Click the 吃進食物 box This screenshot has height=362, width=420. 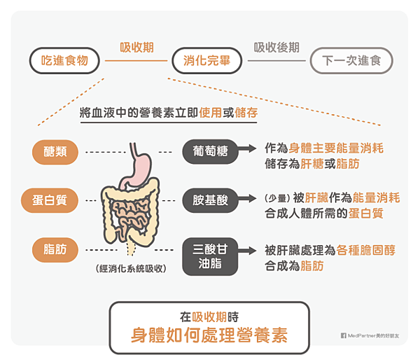pyautogui.click(x=65, y=61)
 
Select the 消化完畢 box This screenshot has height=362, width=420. pyautogui.click(x=208, y=61)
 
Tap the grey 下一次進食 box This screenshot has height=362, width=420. pyautogui.click(x=351, y=61)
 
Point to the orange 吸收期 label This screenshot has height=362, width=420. pyautogui.click(x=136, y=48)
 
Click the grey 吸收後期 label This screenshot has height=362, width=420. pyautogui.click(x=276, y=48)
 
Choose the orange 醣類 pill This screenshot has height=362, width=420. pyautogui.click(x=55, y=151)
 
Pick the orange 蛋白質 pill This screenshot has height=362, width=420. pyautogui.click(x=54, y=200)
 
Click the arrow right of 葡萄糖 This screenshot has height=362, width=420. pyautogui.click(x=246, y=149)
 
